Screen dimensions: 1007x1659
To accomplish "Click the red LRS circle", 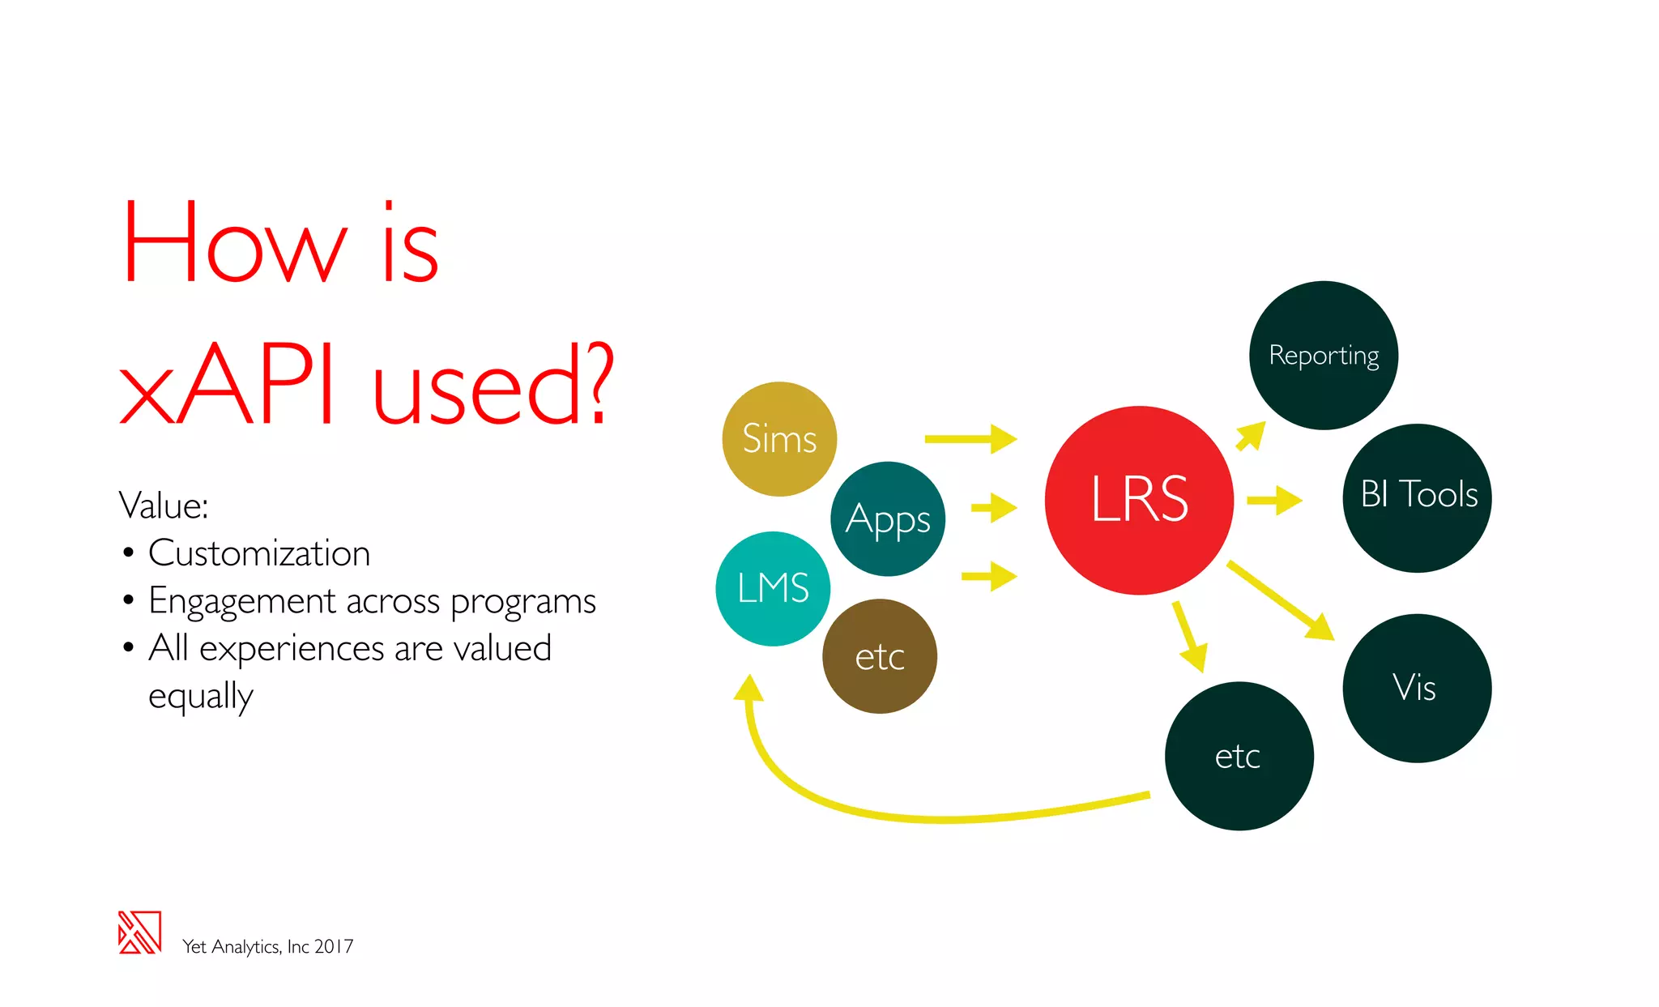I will point(1139,500).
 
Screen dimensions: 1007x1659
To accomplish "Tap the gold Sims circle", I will point(779,438).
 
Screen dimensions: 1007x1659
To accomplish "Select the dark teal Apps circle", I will point(888,518).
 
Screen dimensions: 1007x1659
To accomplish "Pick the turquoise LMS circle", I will point(773,588).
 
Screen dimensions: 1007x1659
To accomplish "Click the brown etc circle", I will point(880,656).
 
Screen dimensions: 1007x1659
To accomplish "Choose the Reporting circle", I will point(1324,355).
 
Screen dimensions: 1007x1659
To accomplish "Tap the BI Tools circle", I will point(1418,497).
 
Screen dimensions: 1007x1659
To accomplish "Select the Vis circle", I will point(1417,688).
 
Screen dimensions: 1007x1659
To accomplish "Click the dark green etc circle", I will point(1239,756).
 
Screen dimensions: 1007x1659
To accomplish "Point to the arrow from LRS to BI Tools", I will point(1274,501).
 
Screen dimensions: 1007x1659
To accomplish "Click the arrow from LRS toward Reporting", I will point(1251,435).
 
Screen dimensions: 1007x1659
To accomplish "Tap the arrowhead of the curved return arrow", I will point(748,689).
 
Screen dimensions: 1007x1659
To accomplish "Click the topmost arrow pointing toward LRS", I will point(970,439).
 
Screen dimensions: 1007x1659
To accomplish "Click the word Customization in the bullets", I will point(259,553).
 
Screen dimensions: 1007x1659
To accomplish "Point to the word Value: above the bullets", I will point(164,506).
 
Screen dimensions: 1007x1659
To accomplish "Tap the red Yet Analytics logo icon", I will point(139,932).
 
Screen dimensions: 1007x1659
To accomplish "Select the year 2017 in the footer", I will point(334,946).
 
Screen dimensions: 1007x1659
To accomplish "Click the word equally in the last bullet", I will point(201,696).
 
